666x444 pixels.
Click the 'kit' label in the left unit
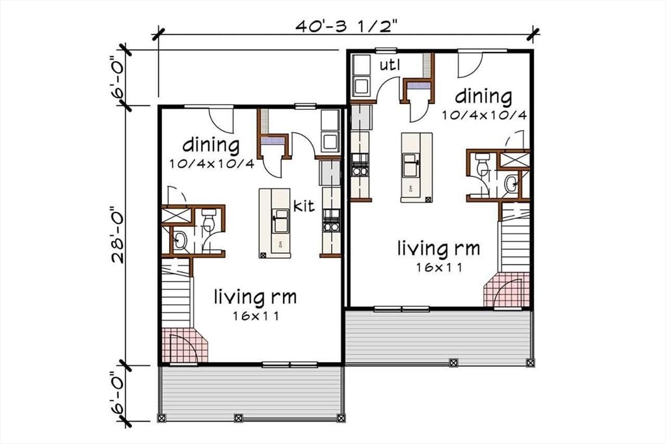click(x=304, y=207)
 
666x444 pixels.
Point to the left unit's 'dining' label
click(x=211, y=144)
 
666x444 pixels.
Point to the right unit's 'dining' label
click(x=483, y=97)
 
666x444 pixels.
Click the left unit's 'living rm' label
click(x=256, y=298)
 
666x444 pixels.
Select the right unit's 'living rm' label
click(x=439, y=248)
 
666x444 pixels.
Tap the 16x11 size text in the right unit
click(x=439, y=267)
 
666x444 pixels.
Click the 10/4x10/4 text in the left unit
click(x=211, y=163)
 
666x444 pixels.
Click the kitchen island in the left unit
click(x=275, y=223)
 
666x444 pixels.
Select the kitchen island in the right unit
click(x=416, y=167)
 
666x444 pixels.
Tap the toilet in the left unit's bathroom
click(x=209, y=221)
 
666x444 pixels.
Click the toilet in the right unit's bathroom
click(x=482, y=165)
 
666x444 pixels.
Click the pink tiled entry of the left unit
click(x=184, y=346)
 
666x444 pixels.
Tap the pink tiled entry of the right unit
click(x=507, y=290)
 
